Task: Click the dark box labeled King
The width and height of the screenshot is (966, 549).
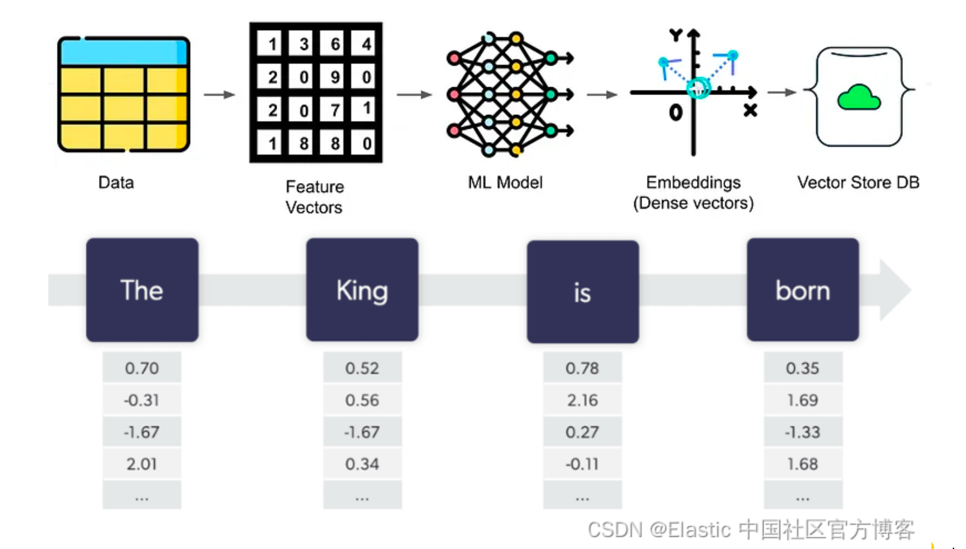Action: point(362,290)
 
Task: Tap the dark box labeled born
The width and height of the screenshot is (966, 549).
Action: point(802,290)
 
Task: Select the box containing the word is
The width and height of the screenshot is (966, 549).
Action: point(583,291)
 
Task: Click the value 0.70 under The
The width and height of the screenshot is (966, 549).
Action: point(142,368)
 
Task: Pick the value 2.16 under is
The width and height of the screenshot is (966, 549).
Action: point(583,400)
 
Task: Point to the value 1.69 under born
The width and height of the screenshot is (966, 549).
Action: point(802,400)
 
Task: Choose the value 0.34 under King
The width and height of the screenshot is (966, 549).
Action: point(362,464)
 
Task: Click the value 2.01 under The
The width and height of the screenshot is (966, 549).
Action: point(142,464)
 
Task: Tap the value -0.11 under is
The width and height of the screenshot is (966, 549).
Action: point(583,464)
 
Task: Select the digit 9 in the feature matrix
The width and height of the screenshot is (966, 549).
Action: point(335,77)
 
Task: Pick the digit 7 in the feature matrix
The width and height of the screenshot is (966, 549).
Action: point(335,110)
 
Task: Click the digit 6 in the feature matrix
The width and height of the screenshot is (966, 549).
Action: point(335,44)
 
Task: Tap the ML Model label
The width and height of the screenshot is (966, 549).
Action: point(505,182)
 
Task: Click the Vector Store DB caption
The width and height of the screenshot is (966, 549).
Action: point(858,182)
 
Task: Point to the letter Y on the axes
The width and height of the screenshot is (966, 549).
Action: point(675,35)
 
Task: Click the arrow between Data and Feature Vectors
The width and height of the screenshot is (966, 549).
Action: point(219,94)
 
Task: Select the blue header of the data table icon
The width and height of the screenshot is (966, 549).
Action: point(123,52)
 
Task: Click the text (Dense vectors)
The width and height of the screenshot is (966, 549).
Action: point(693,203)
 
